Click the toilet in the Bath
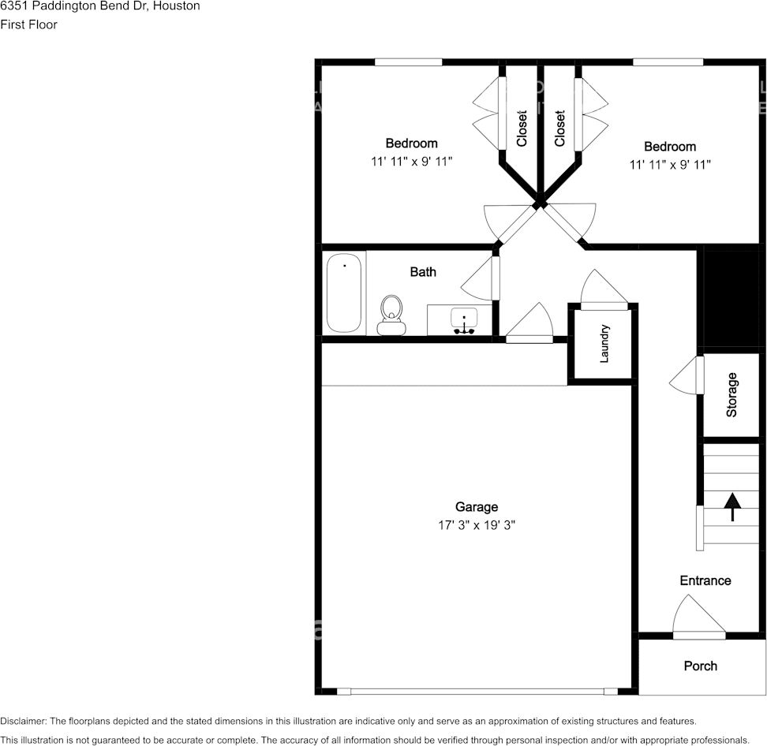coord(391,315)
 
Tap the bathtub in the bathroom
coord(344,293)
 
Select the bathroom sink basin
coord(464,319)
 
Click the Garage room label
coord(477,507)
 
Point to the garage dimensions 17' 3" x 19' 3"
coord(477,525)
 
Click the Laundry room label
coord(604,343)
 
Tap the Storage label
coord(731,394)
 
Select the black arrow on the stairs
coord(732,507)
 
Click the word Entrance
coord(705,580)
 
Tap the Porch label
coord(701,666)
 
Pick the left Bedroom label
coord(411,144)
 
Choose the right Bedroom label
coord(670,147)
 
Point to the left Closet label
coord(522,128)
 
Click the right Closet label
coord(560,128)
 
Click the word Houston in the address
coord(177,6)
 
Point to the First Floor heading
coord(29,24)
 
